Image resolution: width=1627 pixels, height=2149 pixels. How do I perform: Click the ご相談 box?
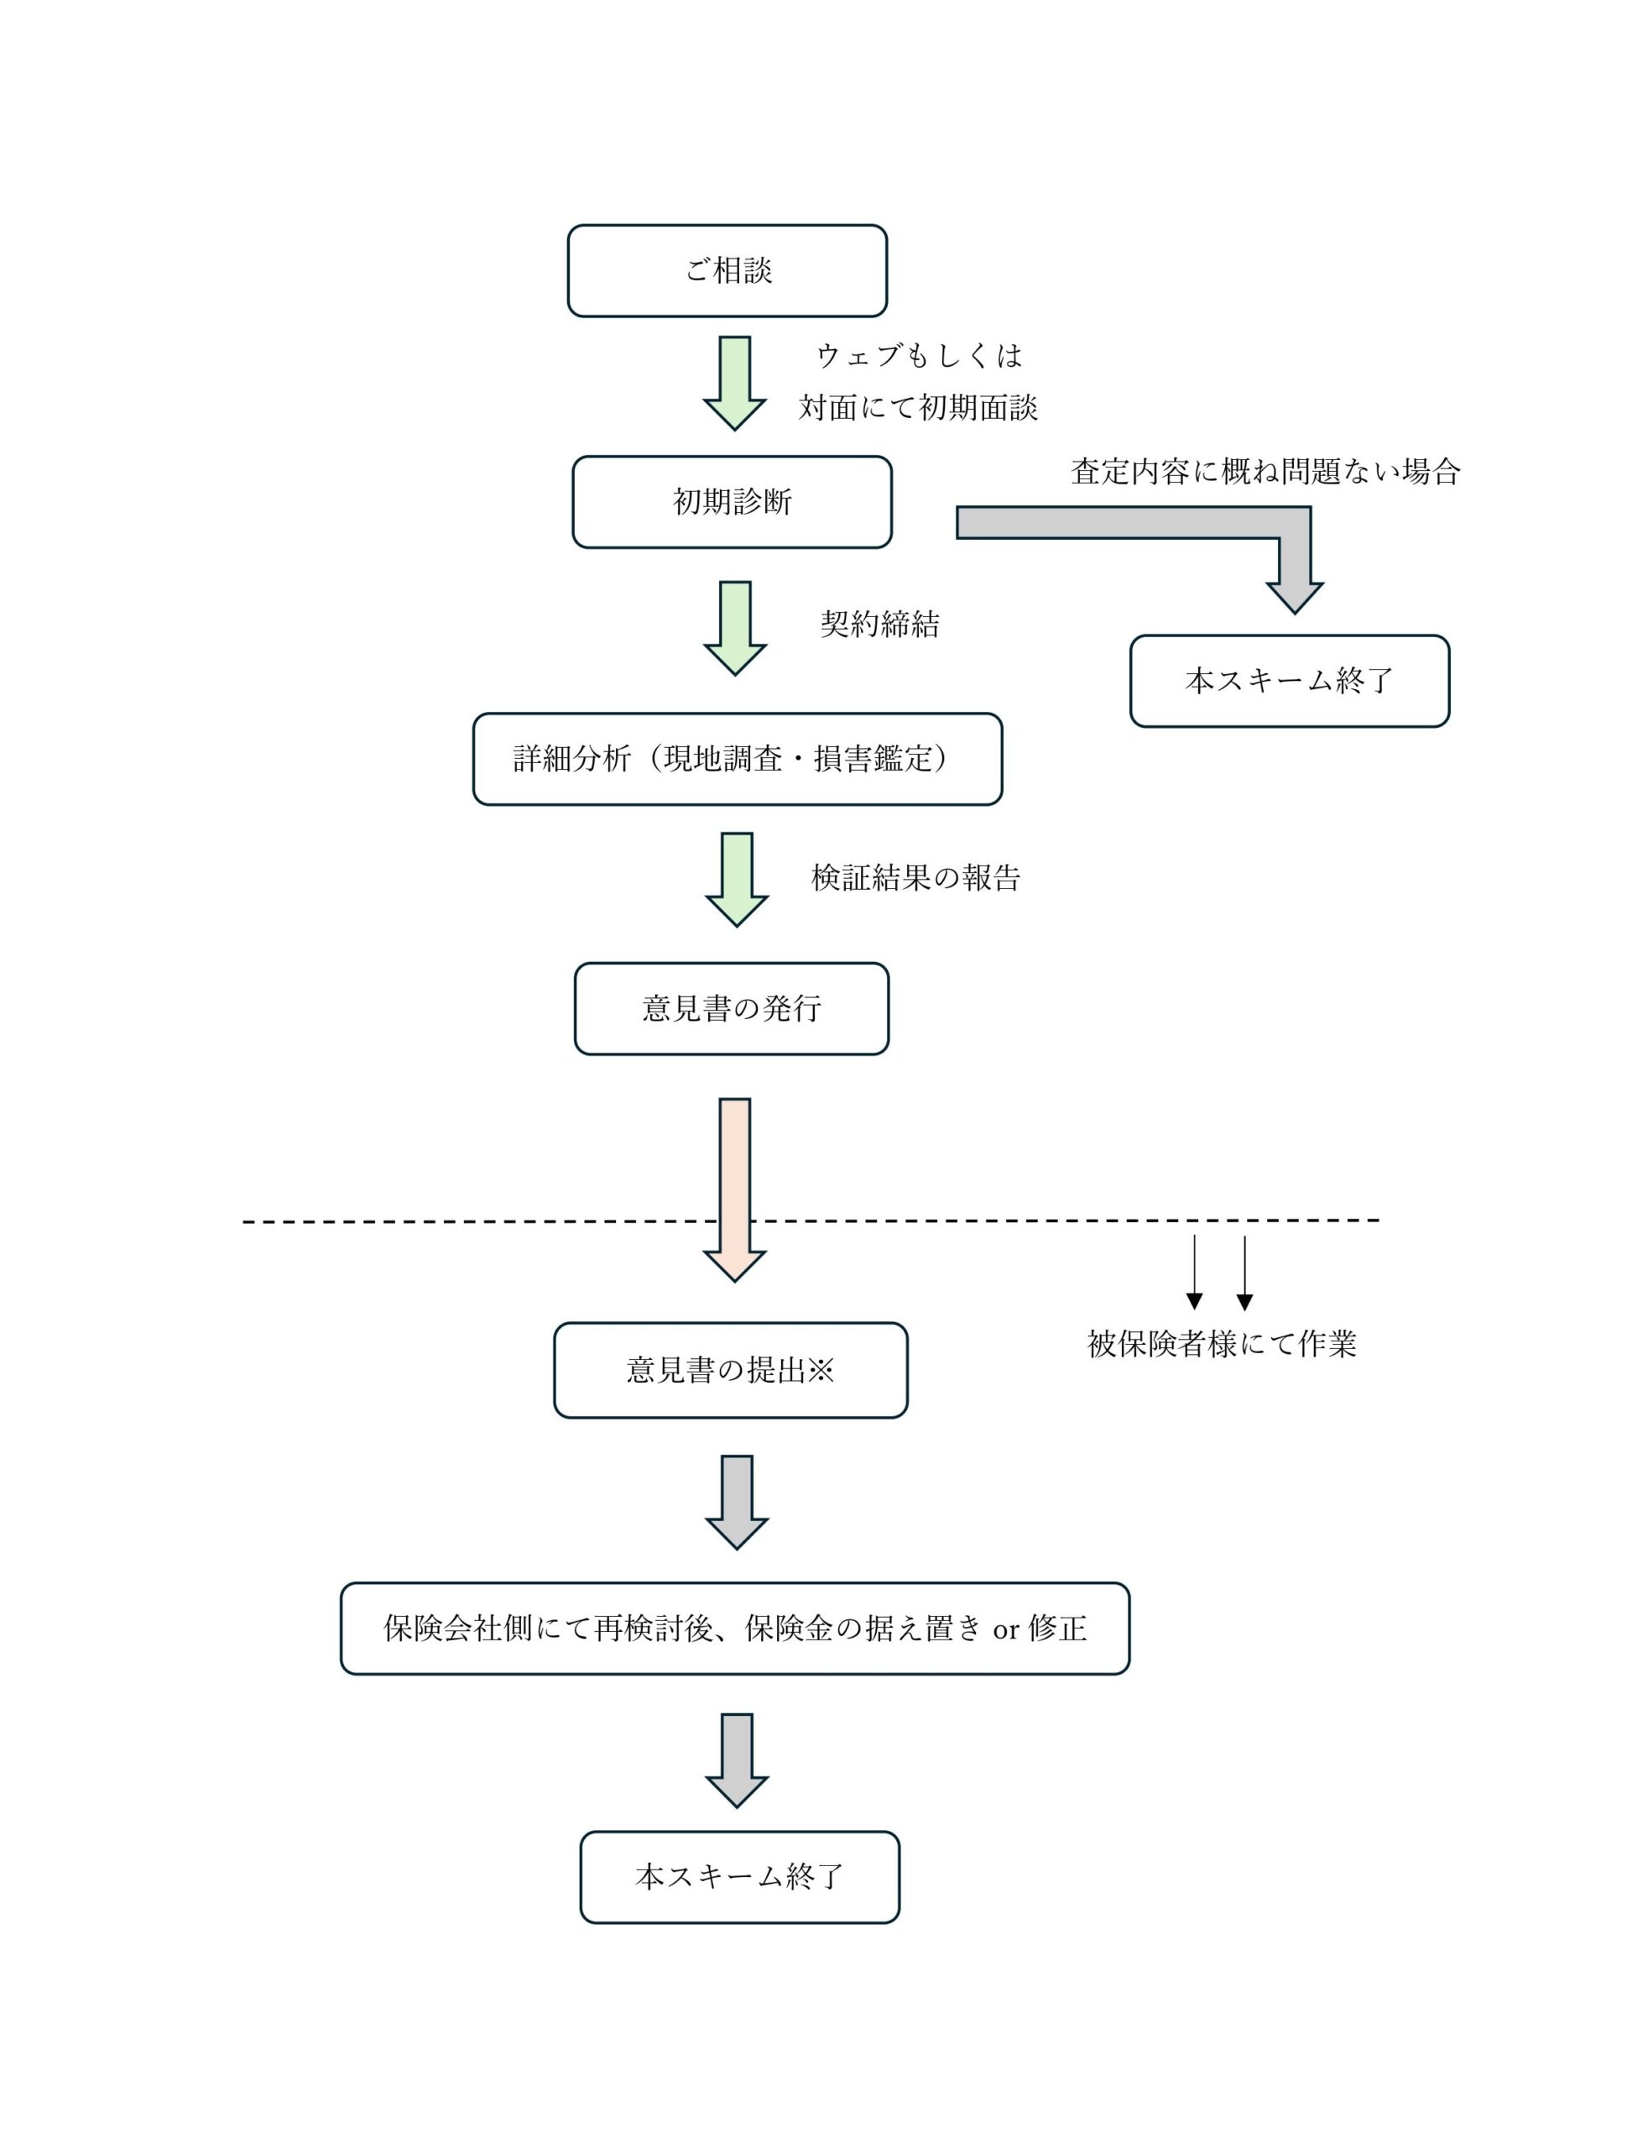point(727,271)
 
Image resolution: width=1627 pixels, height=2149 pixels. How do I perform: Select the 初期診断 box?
point(732,502)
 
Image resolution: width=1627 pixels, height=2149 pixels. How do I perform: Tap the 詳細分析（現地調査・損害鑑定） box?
point(738,759)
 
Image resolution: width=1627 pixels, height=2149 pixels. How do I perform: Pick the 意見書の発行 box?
point(732,1008)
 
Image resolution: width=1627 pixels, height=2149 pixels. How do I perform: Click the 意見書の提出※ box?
point(731,1370)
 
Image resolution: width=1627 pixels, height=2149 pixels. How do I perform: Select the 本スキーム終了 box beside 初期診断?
point(1289,681)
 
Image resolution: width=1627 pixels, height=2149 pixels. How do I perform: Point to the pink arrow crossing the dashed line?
point(734,1190)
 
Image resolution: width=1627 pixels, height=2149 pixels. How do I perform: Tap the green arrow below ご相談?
point(734,383)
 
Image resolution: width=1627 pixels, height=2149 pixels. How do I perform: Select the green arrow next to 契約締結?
point(734,629)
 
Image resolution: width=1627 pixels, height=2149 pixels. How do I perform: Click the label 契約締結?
point(879,624)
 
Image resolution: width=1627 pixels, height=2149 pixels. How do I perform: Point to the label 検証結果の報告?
point(915,877)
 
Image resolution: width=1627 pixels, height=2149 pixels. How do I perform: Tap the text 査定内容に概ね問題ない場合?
point(1265,471)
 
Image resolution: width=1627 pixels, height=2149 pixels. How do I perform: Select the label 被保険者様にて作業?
point(1221,1344)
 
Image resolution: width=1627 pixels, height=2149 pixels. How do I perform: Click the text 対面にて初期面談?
point(918,407)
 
